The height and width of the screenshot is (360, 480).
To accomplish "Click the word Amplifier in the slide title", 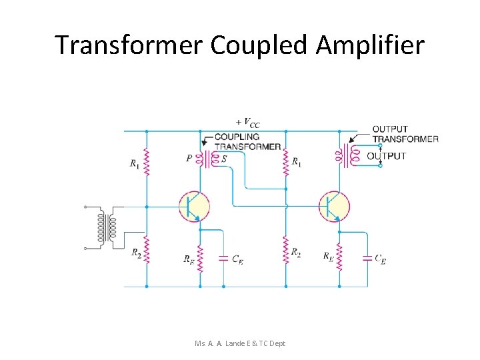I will coord(370,45).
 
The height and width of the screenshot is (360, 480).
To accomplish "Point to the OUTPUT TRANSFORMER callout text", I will coord(405,134).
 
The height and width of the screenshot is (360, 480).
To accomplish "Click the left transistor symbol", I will coord(194,207).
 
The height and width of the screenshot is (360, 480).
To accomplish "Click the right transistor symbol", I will coord(334,207).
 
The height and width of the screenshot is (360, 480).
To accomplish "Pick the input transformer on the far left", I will coord(107,227).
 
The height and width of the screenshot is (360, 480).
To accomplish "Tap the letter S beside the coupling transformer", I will coord(223,159).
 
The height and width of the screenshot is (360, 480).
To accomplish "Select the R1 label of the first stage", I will coord(135,163).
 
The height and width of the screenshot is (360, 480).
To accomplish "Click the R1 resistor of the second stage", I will coord(286,161).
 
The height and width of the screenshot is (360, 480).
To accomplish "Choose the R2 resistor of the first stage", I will coord(147,251).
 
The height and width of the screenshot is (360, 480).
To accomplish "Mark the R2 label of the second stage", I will coord(295,252).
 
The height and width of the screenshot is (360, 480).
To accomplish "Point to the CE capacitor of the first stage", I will coord(223,259).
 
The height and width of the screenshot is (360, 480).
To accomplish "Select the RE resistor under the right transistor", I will coord(339,257).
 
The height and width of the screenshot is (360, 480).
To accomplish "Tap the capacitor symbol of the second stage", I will coord(367,258).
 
